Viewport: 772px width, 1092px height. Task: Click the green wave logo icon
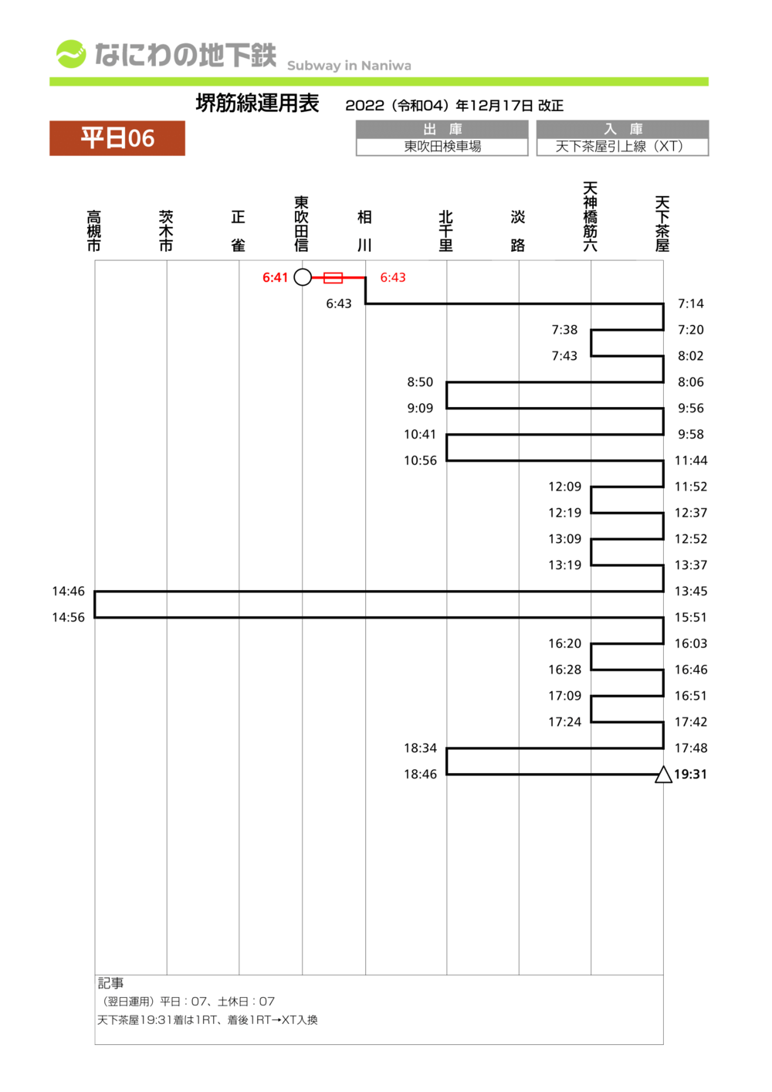coord(71,54)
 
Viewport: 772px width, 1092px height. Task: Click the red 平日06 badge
coord(117,138)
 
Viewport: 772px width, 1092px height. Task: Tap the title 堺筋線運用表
coord(257,103)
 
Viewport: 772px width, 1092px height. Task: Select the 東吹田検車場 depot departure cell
coord(442,147)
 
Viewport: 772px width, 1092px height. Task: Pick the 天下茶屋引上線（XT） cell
coord(622,147)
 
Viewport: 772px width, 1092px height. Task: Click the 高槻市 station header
coord(94,230)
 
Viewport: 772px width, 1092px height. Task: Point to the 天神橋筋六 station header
coord(591,217)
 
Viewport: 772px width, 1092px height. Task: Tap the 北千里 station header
coord(446,230)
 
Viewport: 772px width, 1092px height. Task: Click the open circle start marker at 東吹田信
coord(303,277)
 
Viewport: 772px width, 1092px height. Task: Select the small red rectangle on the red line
coord(333,277)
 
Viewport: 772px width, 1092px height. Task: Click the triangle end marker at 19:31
coord(663,775)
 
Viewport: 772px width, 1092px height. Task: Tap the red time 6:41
coord(275,277)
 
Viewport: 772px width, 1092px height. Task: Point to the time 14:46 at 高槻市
coord(68,592)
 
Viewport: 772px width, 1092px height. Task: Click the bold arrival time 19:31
coord(690,775)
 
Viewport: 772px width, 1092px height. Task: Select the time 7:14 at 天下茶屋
coord(690,304)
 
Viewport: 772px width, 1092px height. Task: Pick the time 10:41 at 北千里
coord(420,435)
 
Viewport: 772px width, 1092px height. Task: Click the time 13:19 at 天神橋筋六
coord(564,565)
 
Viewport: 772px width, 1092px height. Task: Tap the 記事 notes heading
coord(110,983)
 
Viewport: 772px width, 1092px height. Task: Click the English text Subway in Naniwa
coord(349,66)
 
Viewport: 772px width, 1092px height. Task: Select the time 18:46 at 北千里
coord(420,775)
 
